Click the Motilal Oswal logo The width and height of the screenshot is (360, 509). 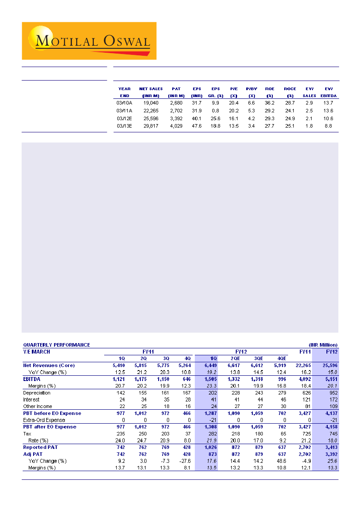pos(89,41)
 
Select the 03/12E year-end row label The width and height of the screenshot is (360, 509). pos(125,118)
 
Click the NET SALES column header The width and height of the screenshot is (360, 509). pos(151,89)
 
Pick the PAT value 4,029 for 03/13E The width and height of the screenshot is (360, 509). pos(177,126)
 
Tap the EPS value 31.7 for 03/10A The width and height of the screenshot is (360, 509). pos(196,102)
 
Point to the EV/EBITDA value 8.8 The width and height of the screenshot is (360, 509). pos(328,126)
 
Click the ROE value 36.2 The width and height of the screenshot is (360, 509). pos(270,102)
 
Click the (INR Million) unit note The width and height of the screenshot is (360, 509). pos(323,345)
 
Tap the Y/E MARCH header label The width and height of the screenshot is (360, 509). pos(37,352)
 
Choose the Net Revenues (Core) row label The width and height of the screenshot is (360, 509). pos(49,365)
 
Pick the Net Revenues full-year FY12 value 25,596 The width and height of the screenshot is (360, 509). pos(329,365)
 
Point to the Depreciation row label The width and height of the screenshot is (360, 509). pos(37,393)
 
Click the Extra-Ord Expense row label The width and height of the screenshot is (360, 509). pos(44,420)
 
